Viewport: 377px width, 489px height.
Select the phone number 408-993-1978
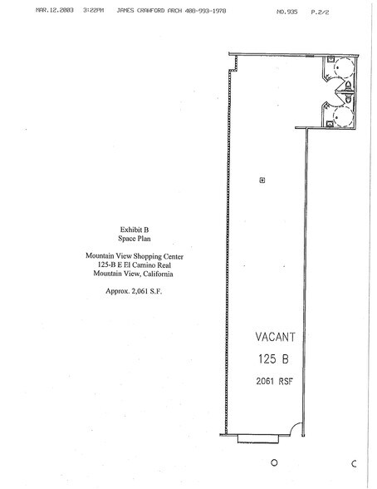[203, 12]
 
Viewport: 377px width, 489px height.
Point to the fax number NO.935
[286, 12]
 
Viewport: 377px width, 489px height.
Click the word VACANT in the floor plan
[272, 338]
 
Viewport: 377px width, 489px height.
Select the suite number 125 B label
[272, 359]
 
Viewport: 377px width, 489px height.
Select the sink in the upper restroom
[330, 62]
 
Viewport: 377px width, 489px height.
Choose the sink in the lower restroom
[330, 121]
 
